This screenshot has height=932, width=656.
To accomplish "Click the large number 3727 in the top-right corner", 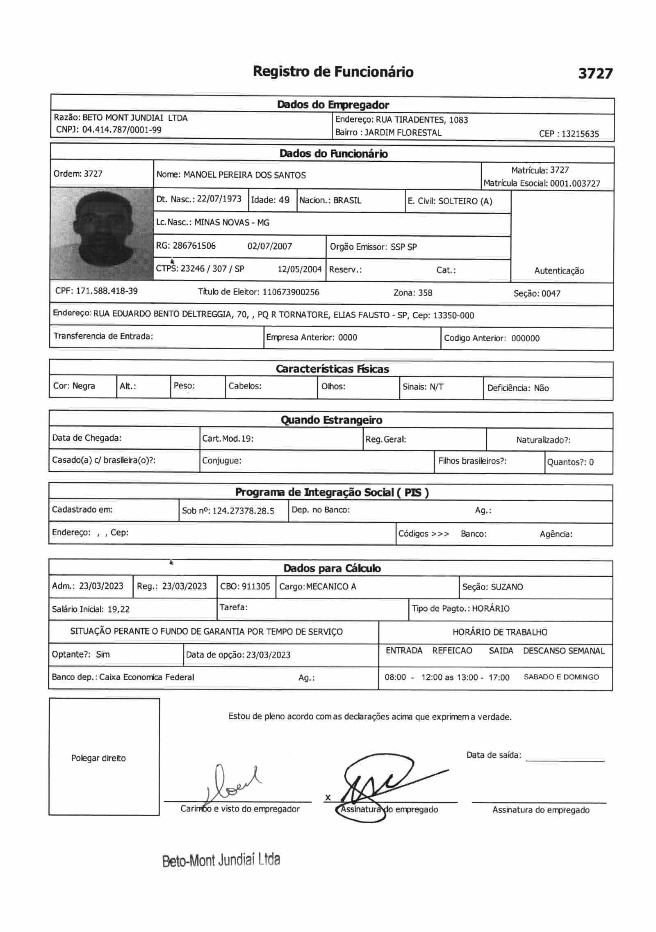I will point(595,73).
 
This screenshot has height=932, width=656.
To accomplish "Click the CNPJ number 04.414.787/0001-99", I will point(122,130).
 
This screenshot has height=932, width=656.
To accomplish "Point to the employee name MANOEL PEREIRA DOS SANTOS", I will point(244,175).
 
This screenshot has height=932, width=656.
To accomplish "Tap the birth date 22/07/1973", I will point(219,199).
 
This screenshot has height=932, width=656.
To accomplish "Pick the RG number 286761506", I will point(194,246).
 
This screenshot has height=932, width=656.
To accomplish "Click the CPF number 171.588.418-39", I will point(107,291).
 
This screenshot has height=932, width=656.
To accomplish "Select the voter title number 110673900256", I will point(291,292).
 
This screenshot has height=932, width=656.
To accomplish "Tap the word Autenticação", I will point(559,271).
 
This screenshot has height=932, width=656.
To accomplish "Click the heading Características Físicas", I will point(332,369).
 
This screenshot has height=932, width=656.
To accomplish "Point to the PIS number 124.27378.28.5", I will point(243,511).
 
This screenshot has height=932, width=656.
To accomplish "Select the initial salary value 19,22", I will point(118,609).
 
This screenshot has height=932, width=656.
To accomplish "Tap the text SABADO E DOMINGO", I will point(561,677).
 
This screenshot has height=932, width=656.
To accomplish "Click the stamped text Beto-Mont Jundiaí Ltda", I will point(221,860).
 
